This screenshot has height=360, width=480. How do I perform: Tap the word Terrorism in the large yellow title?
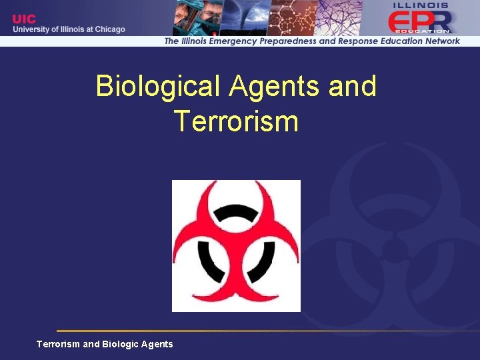(x=235, y=121)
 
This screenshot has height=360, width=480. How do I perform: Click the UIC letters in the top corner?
(x=25, y=19)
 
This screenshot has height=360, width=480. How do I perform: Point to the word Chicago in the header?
(x=109, y=29)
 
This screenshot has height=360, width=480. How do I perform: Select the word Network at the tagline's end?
(x=441, y=41)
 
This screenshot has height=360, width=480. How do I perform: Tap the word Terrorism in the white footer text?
(x=58, y=344)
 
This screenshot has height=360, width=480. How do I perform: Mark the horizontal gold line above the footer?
(x=267, y=331)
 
